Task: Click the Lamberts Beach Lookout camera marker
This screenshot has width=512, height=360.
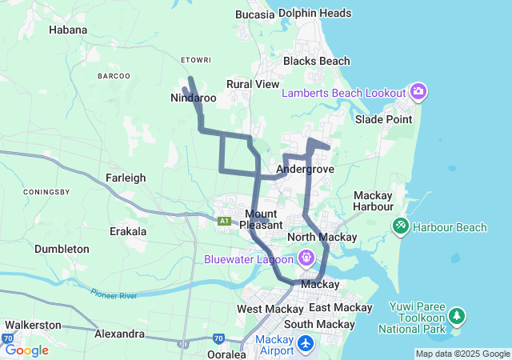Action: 418,92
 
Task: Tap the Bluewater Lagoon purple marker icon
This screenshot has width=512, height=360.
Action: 306,258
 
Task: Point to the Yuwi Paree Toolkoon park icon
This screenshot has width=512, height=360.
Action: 457,316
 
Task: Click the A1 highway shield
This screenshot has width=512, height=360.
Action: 225,221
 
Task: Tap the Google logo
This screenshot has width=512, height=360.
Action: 26,350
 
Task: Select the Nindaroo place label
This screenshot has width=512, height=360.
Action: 194,98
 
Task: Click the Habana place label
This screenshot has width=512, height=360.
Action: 67,30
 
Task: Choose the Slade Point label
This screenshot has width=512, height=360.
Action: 384,119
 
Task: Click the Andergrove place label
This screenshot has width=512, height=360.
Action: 305,170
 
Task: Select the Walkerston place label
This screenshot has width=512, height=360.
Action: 33,325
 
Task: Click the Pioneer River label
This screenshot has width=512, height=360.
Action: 114,295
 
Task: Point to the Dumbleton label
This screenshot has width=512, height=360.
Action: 62,249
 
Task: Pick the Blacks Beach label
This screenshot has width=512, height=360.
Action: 316,61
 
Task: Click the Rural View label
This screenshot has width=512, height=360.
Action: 253,84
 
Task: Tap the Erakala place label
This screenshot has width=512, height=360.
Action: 128,231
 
